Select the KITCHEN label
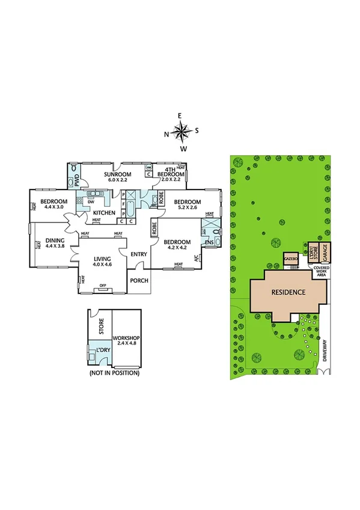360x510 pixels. click(x=103, y=214)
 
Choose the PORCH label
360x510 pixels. click(x=139, y=281)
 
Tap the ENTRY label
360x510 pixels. click(x=139, y=254)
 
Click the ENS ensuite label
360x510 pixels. click(x=209, y=243)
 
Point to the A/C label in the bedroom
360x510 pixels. click(x=195, y=259)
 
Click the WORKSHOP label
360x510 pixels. click(x=126, y=340)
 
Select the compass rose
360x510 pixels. click(x=181, y=130)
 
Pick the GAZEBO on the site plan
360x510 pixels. click(x=291, y=257)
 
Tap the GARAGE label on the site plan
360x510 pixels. click(x=325, y=250)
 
